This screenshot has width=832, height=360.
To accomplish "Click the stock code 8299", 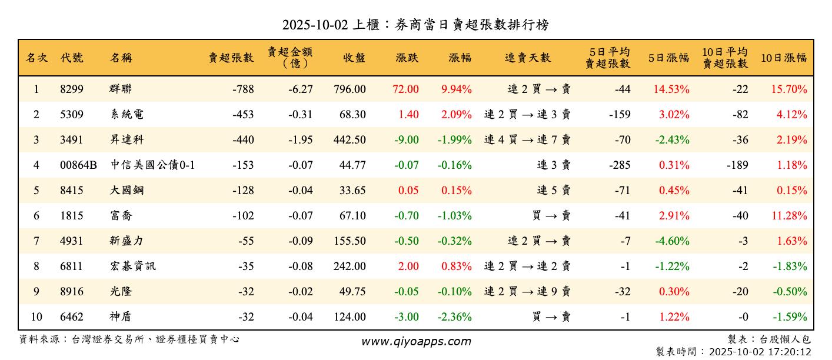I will tap(72, 89).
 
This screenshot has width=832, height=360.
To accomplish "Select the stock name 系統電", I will tap(127, 115).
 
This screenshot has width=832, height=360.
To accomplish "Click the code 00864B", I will tap(78, 165).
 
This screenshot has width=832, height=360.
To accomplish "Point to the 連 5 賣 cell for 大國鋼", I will tap(554, 191).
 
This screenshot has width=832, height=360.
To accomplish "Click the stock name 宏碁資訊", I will tap(132, 266).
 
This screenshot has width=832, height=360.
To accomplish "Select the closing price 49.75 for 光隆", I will tap(352, 292).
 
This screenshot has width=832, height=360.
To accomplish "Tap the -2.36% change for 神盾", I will tap(455, 317).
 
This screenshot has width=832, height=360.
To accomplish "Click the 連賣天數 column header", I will tap(528, 58).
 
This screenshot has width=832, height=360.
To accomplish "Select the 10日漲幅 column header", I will tap(784, 58).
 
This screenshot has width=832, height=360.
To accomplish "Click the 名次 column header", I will tap(36, 58).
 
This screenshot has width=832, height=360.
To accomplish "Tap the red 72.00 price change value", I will tap(405, 89).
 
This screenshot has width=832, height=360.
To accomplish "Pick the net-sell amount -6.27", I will tap(301, 89).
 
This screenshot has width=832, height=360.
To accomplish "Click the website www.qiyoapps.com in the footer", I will tap(416, 342).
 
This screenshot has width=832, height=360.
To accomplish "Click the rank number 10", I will tap(36, 317).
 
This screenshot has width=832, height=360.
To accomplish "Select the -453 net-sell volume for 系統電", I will tap(243, 115).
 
